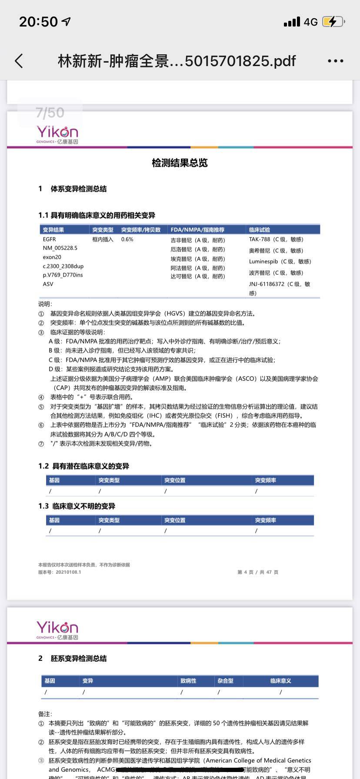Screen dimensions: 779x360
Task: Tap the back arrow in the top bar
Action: click(x=19, y=61)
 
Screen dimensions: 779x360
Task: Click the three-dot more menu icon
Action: click(x=335, y=61)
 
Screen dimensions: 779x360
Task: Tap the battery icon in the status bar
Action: click(x=333, y=22)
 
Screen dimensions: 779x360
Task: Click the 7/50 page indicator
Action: click(x=50, y=113)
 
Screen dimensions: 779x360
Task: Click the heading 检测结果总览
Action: click(x=180, y=163)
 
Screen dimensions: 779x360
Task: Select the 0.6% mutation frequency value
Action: click(x=127, y=240)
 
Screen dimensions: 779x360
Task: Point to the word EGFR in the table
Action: click(x=49, y=240)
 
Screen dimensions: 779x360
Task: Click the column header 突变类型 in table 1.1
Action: click(x=103, y=230)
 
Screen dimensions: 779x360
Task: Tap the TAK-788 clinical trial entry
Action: click(x=276, y=240)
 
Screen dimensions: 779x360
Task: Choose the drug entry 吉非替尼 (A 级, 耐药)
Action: click(x=198, y=240)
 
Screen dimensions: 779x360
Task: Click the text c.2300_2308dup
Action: click(x=63, y=266)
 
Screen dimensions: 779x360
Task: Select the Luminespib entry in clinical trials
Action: click(x=280, y=262)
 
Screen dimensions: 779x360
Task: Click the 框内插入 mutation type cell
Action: click(x=103, y=240)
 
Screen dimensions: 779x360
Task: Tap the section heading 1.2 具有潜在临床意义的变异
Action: click(x=83, y=466)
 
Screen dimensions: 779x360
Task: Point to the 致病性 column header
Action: click(x=188, y=681)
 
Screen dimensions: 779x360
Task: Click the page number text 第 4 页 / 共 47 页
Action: click(x=258, y=572)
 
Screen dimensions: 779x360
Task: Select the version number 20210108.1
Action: click(x=68, y=572)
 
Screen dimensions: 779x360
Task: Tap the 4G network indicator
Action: click(x=310, y=22)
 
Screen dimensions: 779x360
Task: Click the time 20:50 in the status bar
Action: click(x=38, y=22)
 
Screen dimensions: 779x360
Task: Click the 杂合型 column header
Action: click(x=226, y=681)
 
